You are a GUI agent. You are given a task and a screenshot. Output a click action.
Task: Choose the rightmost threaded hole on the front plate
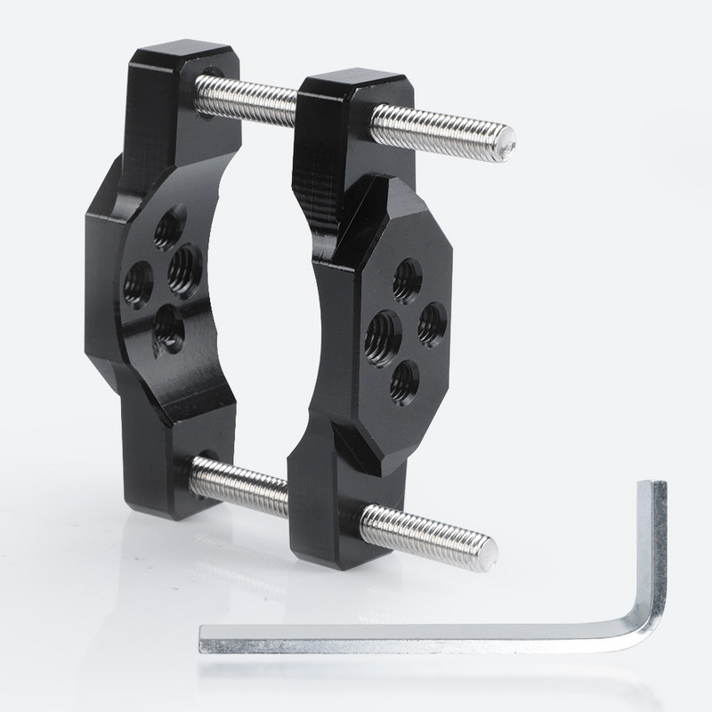(432, 319)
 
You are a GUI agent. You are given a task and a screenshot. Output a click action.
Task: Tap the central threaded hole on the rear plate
(183, 264)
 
